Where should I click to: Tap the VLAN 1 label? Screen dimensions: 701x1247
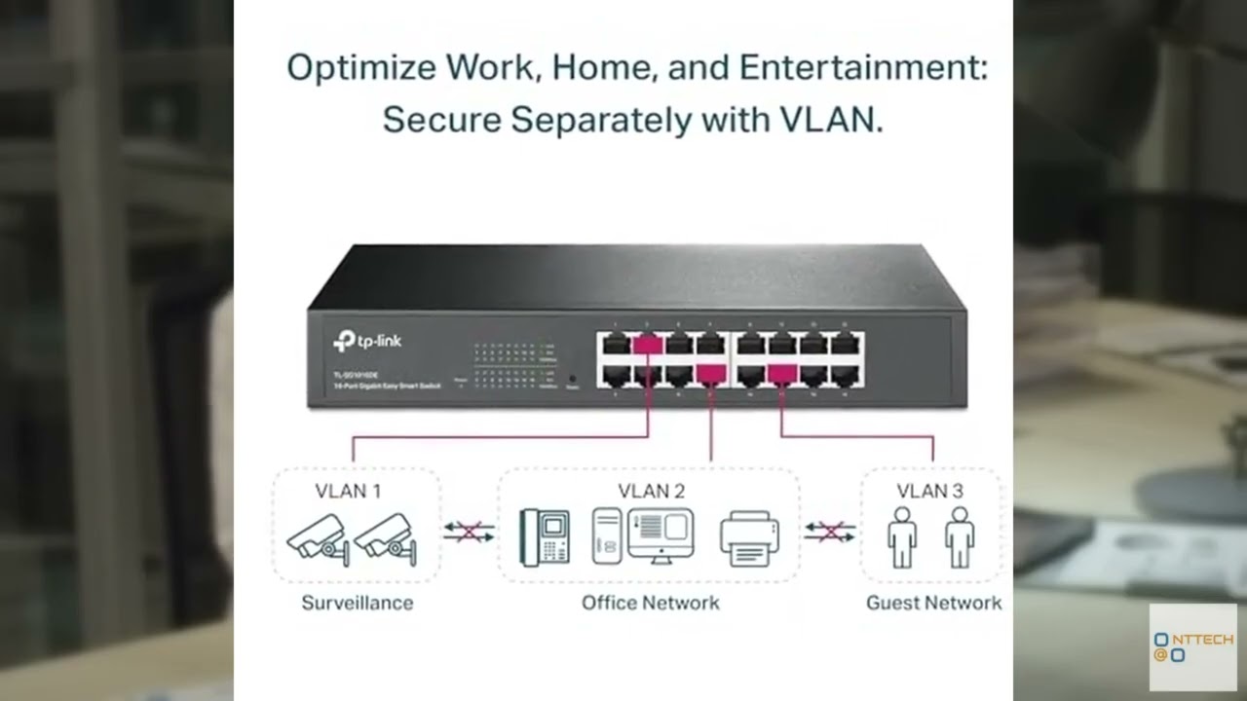point(348,491)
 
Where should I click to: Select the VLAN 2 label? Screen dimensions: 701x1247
point(651,491)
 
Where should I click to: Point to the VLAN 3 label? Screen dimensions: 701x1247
point(929,491)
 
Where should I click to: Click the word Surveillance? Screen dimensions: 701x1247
point(357,603)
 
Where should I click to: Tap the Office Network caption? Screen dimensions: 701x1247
point(650,603)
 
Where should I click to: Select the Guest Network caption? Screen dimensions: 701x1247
point(933,603)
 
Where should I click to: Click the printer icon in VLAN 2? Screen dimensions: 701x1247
point(749,538)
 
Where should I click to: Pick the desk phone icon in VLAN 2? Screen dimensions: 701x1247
point(545,537)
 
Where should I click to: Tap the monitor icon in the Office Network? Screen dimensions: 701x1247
point(660,535)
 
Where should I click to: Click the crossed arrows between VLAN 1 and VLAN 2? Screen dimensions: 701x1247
point(469,532)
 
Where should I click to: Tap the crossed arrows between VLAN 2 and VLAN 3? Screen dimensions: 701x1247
point(830,532)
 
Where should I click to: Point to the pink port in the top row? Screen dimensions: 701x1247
point(648,344)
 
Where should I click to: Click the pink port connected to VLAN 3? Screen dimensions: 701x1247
point(782,373)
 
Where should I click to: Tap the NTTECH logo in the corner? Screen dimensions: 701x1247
point(1192,647)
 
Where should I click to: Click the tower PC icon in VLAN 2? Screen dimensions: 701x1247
point(606,536)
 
